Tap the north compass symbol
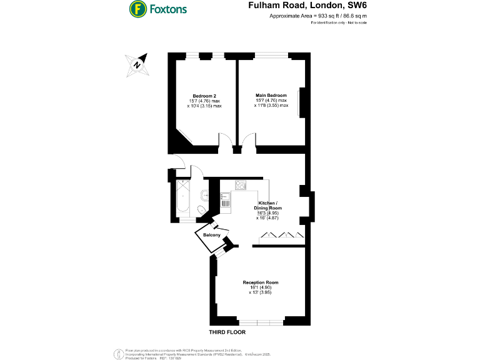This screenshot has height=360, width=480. (137, 64)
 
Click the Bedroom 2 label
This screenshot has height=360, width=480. (204, 96)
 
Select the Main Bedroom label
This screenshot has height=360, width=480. (271, 96)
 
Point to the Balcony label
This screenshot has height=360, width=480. (211, 235)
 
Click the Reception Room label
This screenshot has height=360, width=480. (261, 282)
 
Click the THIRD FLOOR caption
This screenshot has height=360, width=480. (227, 332)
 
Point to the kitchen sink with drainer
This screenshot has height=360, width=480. (225, 199)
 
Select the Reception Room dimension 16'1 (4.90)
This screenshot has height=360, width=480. (261, 287)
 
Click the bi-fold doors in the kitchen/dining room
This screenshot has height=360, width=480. (281, 236)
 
